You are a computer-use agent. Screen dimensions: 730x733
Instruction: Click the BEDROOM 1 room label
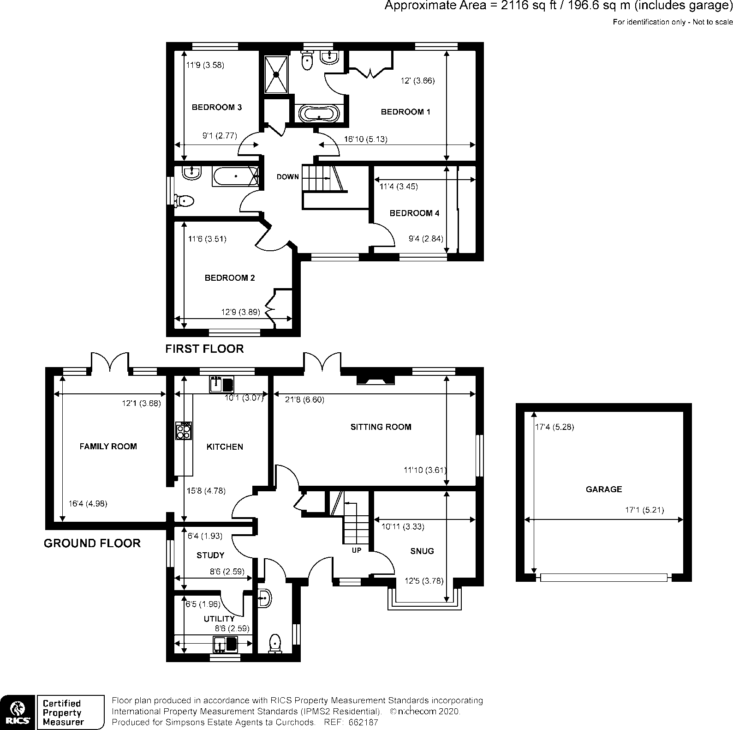[x=405, y=112]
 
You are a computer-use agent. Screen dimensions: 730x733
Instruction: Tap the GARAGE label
[x=603, y=489]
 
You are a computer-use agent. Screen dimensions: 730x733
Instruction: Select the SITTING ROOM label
[x=381, y=427]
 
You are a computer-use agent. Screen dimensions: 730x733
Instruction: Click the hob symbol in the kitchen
[x=184, y=431]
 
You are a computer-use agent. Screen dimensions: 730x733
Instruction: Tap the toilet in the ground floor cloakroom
[x=275, y=643]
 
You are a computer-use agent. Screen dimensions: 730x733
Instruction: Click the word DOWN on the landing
[x=288, y=177]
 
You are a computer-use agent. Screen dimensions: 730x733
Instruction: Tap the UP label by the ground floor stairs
[x=357, y=550]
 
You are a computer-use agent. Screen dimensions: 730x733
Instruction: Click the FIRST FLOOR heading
[x=204, y=349]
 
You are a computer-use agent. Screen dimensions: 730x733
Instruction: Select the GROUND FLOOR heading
[x=92, y=543]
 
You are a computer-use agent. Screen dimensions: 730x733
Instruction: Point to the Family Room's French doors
[x=110, y=362]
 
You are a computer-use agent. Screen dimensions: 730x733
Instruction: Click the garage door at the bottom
[x=603, y=577]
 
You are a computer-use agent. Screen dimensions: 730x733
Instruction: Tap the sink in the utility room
[x=225, y=643]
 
